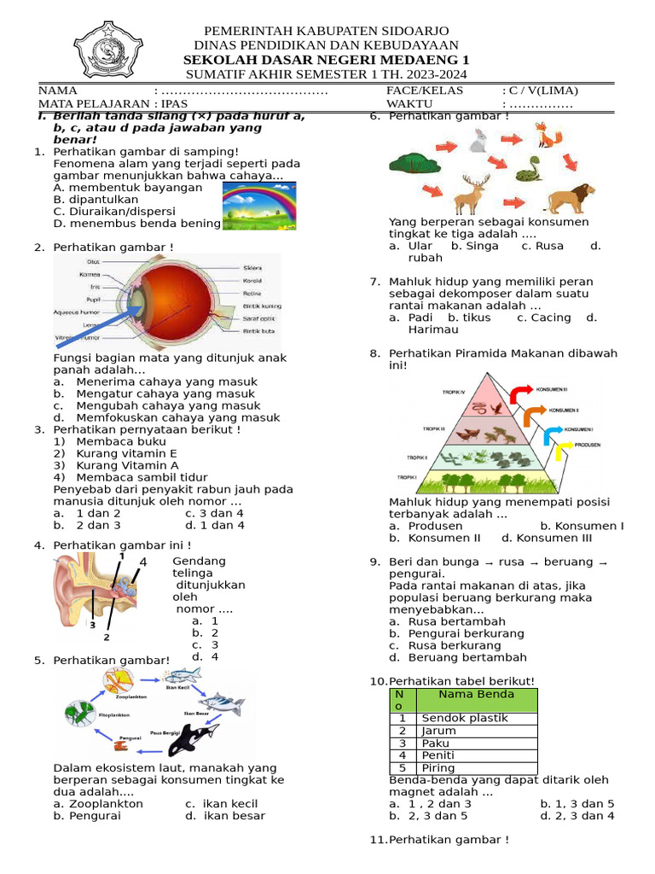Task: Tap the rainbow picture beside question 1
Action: coord(259,206)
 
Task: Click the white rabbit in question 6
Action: coord(478,140)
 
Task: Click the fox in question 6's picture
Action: coord(546,135)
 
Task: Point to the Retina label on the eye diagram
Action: coord(252,293)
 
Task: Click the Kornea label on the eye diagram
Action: coord(90,275)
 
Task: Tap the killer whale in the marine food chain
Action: coord(194,737)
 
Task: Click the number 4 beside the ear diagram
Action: coord(143,562)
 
